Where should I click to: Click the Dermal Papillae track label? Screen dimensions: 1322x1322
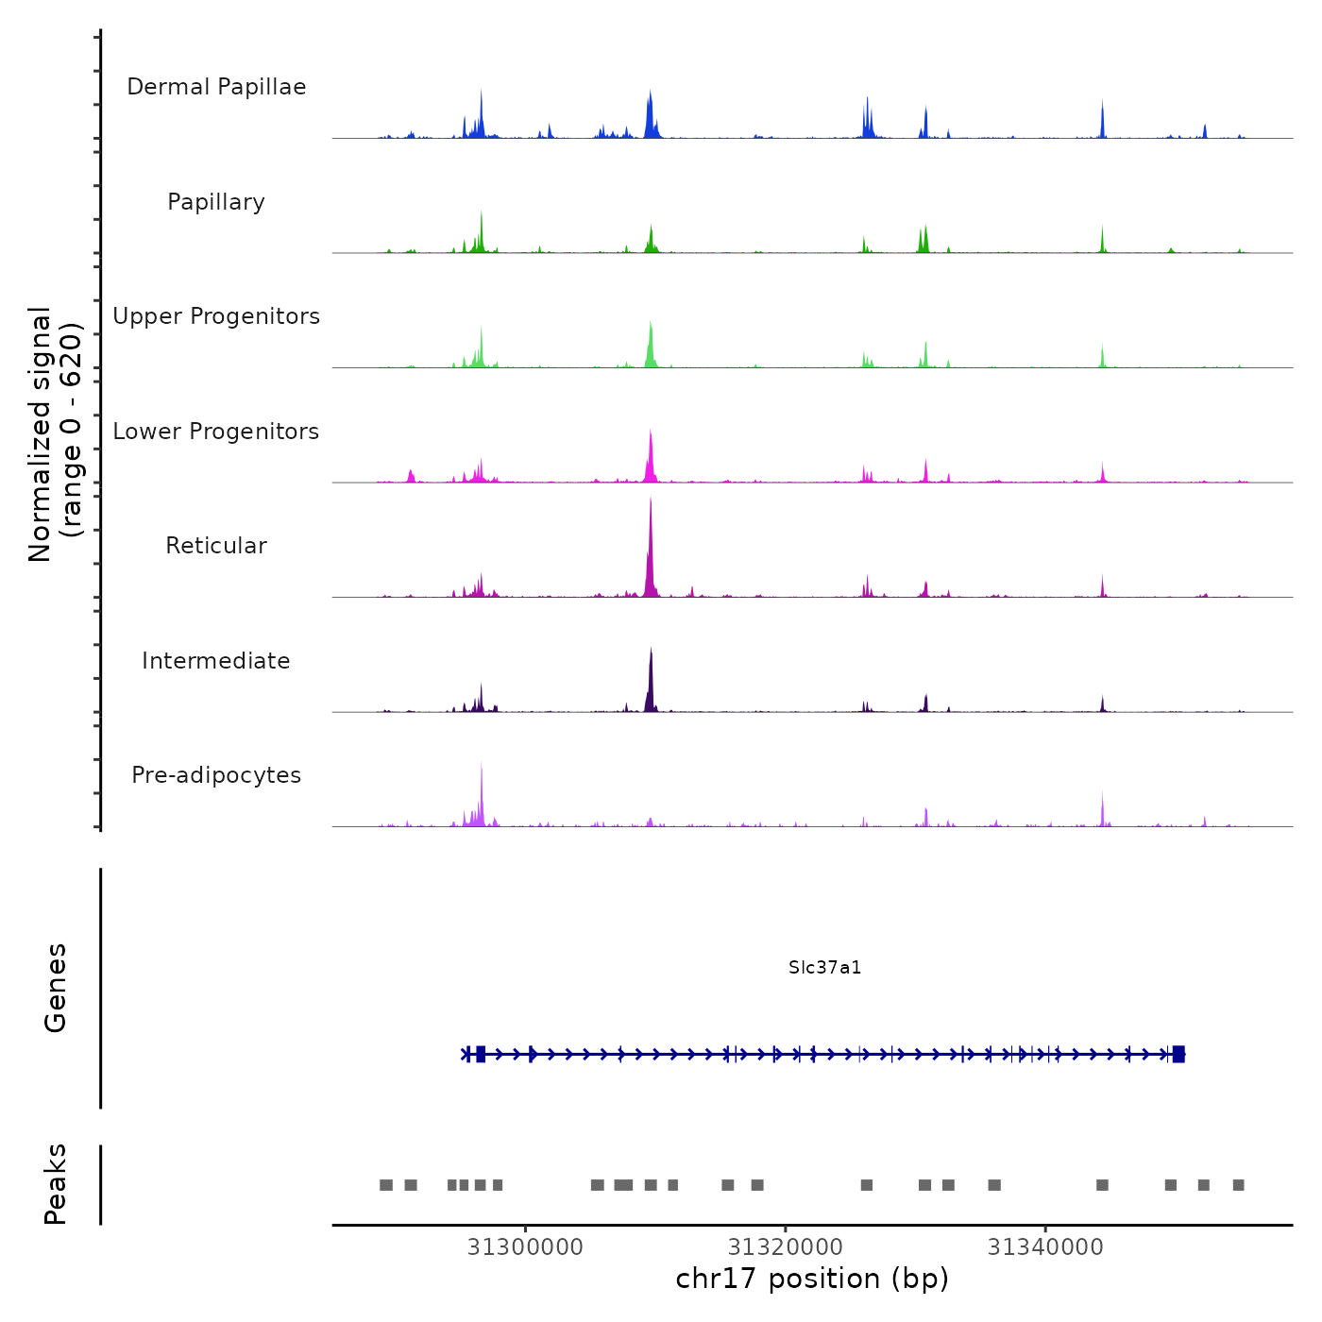click(216, 87)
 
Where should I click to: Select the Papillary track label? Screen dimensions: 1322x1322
click(216, 202)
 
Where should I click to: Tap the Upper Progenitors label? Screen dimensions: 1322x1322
click(216, 316)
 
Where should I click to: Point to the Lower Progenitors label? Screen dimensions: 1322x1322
click(216, 432)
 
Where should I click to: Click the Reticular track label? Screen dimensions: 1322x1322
click(216, 546)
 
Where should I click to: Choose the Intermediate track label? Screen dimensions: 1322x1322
click(216, 661)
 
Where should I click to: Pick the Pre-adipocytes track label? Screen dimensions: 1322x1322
click(216, 775)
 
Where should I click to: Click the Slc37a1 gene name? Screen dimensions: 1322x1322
click(824, 968)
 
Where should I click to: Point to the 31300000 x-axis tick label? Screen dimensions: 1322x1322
click(525, 1247)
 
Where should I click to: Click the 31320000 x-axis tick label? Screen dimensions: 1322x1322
click(786, 1247)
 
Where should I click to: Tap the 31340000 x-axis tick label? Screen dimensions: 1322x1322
click(1045, 1247)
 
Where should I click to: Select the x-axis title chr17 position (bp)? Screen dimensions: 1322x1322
click(812, 1279)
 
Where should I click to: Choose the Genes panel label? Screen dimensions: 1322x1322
click(56, 988)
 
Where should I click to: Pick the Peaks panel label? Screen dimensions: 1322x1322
click(56, 1184)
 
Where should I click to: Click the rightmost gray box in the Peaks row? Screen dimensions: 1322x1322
click(1239, 1185)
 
